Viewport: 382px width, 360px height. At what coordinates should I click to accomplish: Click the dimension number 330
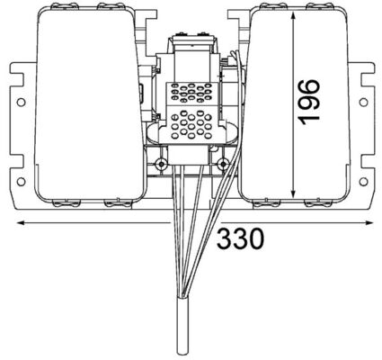(240, 239)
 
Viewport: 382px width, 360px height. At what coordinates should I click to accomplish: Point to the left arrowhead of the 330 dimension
(18, 221)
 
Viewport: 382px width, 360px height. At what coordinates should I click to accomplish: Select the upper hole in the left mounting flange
(20, 102)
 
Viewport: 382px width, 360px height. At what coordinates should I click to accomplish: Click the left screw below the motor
(160, 164)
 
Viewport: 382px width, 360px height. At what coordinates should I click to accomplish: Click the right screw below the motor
(222, 164)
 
